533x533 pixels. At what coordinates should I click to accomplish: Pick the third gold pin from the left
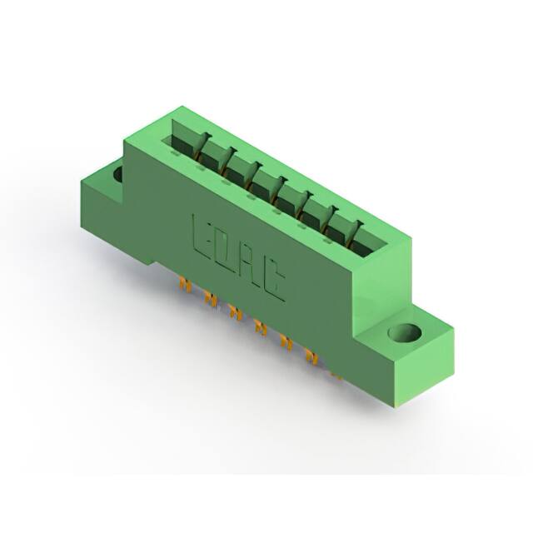[235, 313]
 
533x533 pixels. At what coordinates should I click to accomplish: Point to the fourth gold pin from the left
[261, 326]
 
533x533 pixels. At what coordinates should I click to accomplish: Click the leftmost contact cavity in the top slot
[185, 142]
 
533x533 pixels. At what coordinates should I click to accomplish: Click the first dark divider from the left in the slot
[201, 149]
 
